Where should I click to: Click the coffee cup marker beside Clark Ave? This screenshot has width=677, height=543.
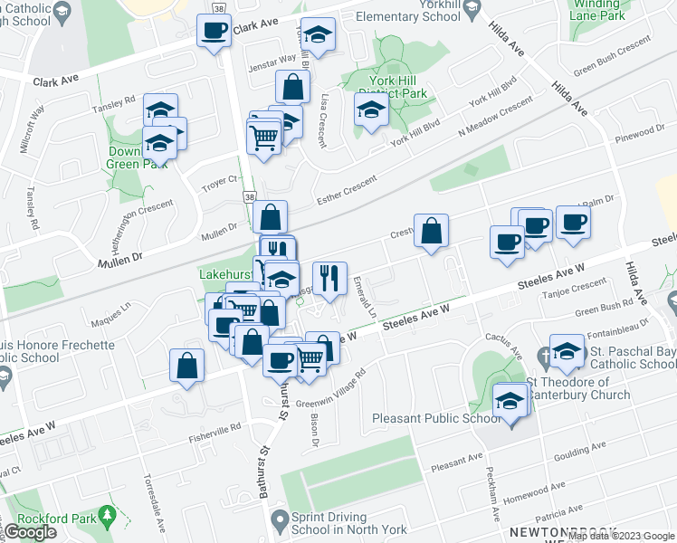click(215, 32)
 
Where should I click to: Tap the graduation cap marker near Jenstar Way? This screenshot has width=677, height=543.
click(317, 35)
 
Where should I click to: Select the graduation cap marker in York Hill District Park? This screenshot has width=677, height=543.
click(371, 111)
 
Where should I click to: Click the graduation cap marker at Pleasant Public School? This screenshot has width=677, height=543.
click(510, 400)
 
